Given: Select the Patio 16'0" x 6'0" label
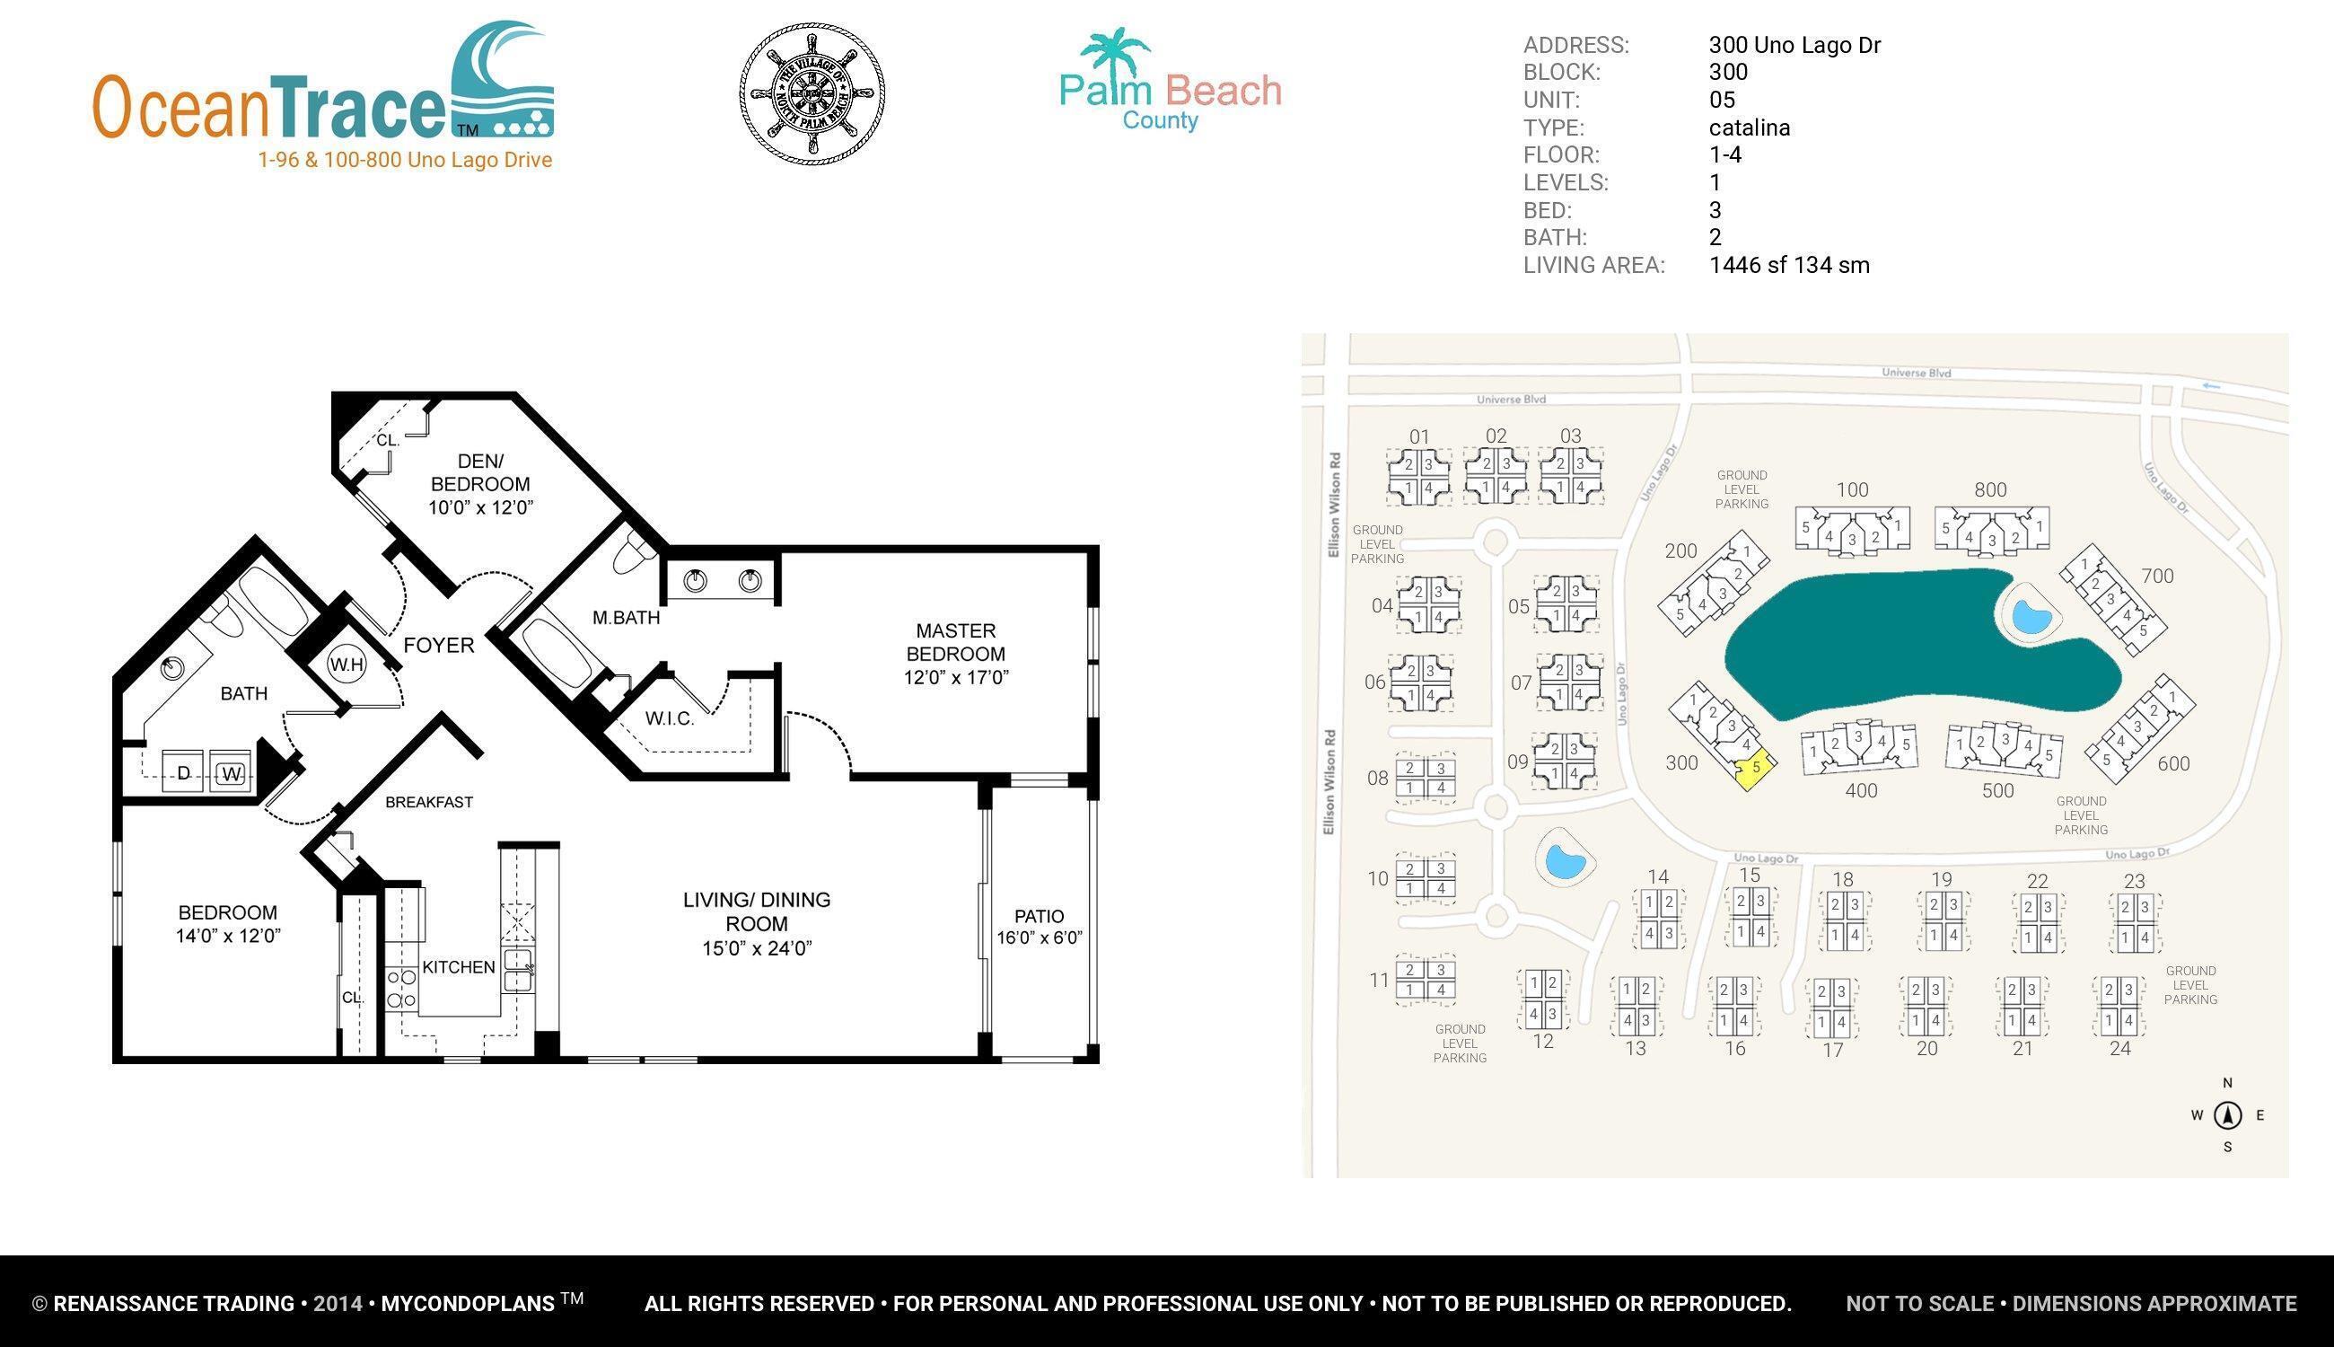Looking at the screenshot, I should point(1039,926).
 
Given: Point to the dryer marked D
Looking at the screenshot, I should point(184,772).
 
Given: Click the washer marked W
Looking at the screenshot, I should point(232,773).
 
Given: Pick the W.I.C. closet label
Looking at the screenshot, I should point(670,718).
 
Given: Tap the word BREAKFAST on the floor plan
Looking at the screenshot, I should point(429,802).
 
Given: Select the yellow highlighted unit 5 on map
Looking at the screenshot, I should point(1754,768).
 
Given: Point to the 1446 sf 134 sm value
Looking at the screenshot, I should point(1788,266).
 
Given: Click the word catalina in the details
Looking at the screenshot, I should point(1749,128).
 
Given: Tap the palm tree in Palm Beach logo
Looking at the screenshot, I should point(1114,51).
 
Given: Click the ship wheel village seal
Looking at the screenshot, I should point(812,93).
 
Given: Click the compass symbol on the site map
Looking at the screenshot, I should point(2228,1115).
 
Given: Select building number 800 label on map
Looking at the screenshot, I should point(1990,490).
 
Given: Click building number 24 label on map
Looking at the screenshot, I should point(2119,1048).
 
